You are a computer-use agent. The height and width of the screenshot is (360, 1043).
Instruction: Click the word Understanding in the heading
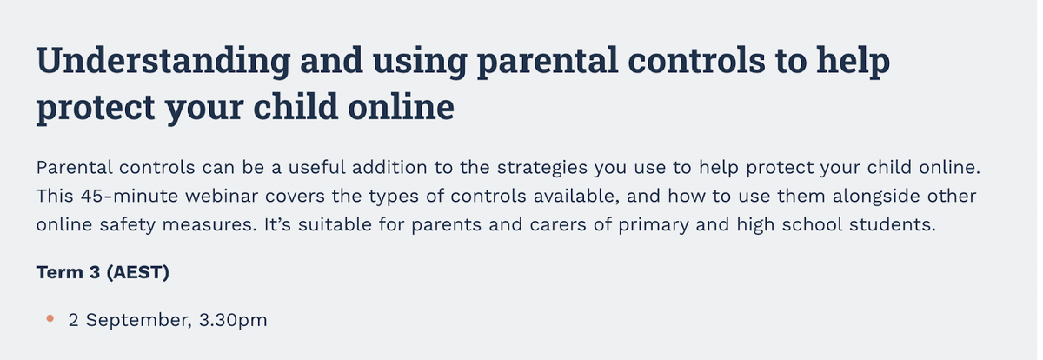[163, 62]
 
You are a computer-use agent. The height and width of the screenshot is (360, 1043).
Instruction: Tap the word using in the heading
[420, 62]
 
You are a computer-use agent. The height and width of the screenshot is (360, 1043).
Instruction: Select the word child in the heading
[296, 107]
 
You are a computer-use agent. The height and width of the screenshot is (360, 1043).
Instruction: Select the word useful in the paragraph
[316, 167]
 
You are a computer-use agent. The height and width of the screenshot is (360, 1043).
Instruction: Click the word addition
[389, 167]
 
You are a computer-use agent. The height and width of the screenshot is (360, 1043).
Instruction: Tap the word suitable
[335, 224]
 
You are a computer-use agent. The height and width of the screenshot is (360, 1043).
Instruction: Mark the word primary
[654, 225]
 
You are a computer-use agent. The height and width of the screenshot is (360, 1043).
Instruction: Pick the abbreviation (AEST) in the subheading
[138, 272]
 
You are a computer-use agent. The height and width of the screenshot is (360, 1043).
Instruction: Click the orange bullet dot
[50, 318]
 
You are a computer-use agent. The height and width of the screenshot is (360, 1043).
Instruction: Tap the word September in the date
[139, 320]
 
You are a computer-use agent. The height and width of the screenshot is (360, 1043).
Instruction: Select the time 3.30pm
[233, 320]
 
